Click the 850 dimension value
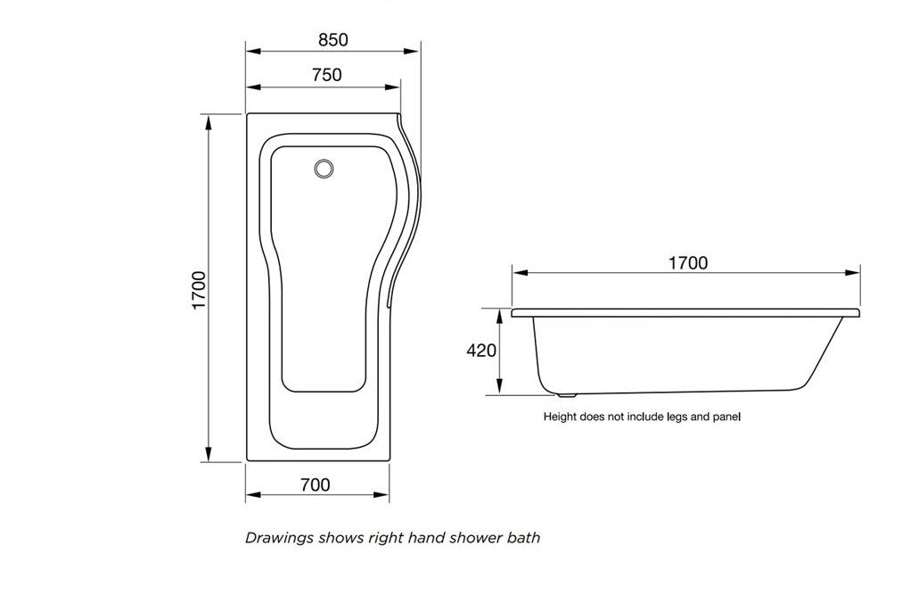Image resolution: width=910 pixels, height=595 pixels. [332, 39]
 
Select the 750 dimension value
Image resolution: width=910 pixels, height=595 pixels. [326, 75]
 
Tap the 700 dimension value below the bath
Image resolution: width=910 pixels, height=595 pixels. [315, 485]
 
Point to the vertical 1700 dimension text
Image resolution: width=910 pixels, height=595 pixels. [199, 290]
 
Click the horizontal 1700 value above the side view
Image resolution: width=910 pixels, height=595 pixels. [687, 262]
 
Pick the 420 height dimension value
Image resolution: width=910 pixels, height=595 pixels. [481, 351]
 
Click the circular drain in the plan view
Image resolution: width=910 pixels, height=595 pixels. [324, 168]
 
